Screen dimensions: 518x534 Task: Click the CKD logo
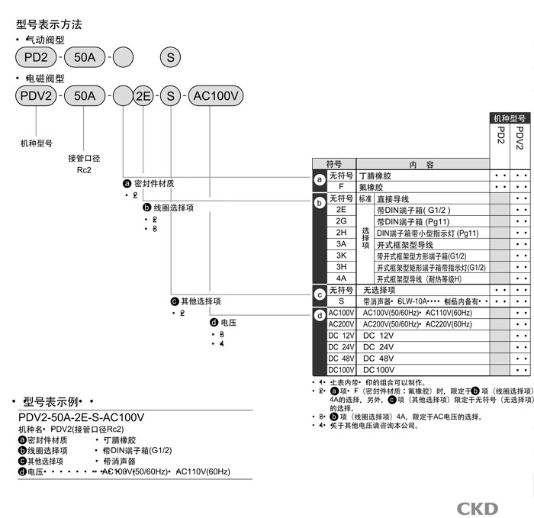[x=478, y=508]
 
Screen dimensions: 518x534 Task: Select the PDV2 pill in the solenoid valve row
[x=36, y=96]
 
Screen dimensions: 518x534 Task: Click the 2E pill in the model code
[x=143, y=96]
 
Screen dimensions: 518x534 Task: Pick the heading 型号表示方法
[x=49, y=24]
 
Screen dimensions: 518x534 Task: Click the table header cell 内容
[x=420, y=164]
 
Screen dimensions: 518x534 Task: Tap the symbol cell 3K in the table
[x=341, y=256]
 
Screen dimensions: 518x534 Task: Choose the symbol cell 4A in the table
[x=341, y=278]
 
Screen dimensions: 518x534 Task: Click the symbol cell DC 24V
[x=341, y=347]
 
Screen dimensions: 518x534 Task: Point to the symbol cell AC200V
[x=341, y=324]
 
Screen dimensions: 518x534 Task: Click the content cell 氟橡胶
[x=372, y=187]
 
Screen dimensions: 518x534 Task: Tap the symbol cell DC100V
[x=341, y=370]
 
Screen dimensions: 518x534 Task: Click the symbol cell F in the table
[x=341, y=187]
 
